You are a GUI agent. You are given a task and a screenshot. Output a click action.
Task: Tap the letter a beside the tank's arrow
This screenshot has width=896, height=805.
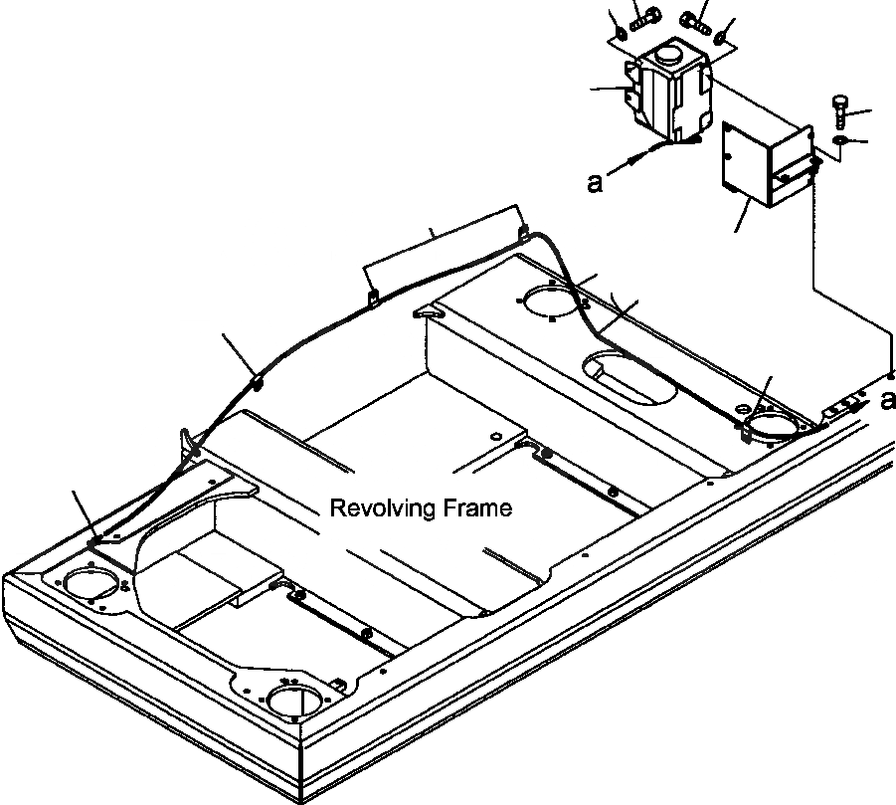tap(595, 183)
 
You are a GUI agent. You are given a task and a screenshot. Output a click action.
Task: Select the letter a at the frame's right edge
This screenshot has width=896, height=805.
tap(886, 400)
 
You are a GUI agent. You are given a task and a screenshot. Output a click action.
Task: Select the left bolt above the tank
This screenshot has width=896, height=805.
tap(641, 17)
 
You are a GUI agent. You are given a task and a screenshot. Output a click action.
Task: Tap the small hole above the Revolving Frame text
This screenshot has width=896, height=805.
tap(496, 435)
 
